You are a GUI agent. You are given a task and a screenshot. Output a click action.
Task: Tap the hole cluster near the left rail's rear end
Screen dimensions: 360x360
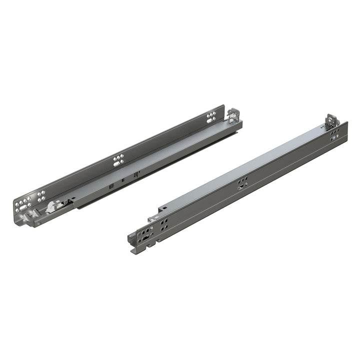pos(211,117)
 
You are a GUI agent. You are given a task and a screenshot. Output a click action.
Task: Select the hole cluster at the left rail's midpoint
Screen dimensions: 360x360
pos(118,160)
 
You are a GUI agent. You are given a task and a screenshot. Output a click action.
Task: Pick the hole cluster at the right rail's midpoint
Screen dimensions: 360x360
pos(242,183)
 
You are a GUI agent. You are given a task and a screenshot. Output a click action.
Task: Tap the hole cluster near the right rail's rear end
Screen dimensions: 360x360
pos(334,133)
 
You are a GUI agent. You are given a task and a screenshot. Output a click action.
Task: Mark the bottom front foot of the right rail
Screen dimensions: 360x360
pos(134,250)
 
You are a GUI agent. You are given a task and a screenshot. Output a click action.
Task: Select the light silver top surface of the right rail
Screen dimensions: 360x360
pos(250,165)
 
